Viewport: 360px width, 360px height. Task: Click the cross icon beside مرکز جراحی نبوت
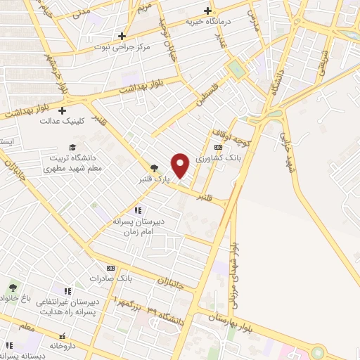tap(122, 36)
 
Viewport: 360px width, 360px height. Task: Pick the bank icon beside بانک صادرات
tap(110, 267)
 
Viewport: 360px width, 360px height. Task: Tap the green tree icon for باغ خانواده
tap(12, 288)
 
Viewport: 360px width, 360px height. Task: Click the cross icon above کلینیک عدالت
tap(63, 110)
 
